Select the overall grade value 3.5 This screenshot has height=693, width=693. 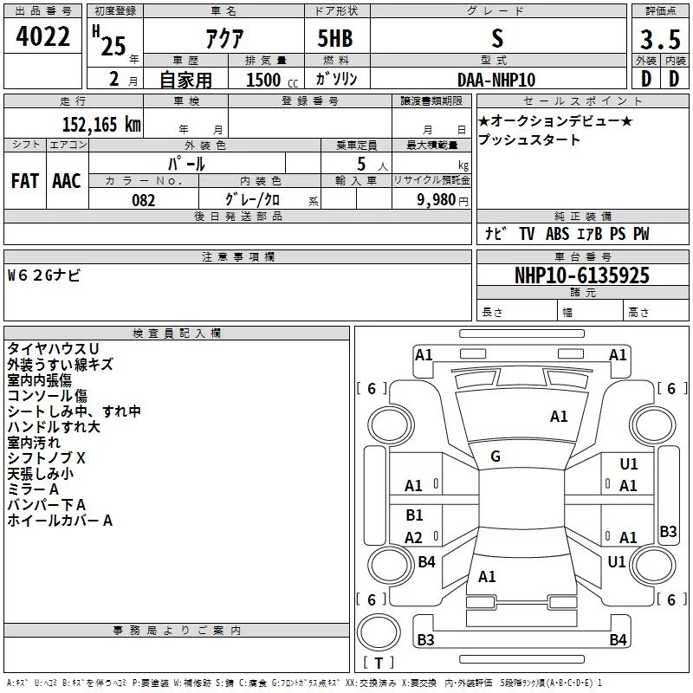point(659,40)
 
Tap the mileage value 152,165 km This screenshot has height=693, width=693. point(101,124)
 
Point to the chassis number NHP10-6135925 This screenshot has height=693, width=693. point(581,276)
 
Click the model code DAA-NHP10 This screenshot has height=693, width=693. point(496,79)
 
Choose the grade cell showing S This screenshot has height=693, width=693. point(496,38)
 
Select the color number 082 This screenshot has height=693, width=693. point(144,200)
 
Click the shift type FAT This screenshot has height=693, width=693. point(24,181)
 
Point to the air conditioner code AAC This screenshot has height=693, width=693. point(67,181)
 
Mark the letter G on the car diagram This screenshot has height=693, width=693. point(495,457)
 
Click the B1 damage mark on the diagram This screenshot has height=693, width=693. point(414,515)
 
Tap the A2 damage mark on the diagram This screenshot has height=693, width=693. point(413,538)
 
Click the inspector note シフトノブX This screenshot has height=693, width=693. point(47,457)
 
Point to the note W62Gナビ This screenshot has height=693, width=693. point(44,275)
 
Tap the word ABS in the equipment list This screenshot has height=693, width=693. point(557,234)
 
